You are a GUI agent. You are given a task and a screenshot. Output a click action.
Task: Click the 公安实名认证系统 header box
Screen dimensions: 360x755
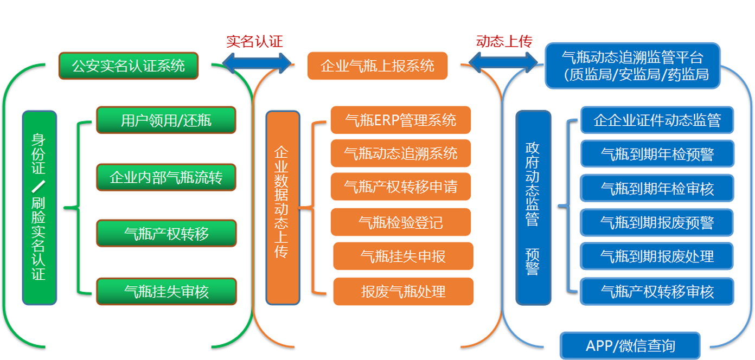point(129,66)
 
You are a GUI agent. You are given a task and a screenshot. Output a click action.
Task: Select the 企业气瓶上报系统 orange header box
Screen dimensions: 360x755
point(378,66)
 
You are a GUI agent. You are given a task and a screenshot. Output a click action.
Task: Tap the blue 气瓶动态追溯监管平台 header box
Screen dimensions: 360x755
point(632,66)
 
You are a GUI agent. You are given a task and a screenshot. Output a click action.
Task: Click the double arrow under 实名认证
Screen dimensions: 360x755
point(257,62)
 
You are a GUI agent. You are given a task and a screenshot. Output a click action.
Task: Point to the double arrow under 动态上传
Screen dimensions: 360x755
point(503,62)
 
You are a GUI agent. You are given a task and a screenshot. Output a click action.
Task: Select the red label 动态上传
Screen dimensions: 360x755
point(504,41)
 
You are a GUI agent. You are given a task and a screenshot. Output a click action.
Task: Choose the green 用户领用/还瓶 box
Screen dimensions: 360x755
point(166,120)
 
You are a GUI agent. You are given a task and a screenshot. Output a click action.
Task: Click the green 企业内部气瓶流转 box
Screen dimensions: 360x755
point(166,177)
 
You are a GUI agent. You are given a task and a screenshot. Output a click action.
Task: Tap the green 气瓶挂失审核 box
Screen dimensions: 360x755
point(166,291)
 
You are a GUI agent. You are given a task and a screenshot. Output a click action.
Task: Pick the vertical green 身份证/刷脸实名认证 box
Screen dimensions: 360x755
point(39,208)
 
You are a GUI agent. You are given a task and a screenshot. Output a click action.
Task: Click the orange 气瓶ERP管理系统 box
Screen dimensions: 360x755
point(401,120)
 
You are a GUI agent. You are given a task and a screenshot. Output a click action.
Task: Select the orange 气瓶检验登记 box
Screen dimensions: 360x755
point(401,222)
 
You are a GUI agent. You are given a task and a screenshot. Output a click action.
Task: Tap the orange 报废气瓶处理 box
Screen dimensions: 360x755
point(404,291)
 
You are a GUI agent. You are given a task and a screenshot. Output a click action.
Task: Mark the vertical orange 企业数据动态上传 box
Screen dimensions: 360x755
point(282,208)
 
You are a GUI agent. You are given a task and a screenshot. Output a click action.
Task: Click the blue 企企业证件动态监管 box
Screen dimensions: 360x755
point(657,120)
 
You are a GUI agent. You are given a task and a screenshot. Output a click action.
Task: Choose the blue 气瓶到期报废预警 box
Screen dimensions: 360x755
point(657,222)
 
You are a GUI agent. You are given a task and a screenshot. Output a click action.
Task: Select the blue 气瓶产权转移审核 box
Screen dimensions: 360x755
point(657,291)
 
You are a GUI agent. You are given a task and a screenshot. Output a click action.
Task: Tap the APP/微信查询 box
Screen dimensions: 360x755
point(630,345)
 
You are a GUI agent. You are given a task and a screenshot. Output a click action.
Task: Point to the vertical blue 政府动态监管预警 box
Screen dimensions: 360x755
point(533,208)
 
